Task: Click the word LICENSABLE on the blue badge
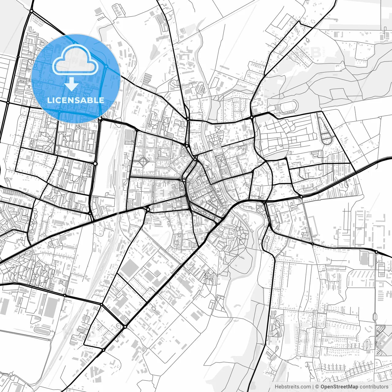pyautogui.click(x=76, y=100)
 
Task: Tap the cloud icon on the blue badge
pyautogui.click(x=75, y=60)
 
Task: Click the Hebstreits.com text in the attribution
pyautogui.click(x=292, y=387)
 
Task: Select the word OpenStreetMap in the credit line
pyautogui.click(x=339, y=387)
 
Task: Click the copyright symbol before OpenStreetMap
pyautogui.click(x=317, y=387)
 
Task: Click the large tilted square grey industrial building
pyautogui.click(x=129, y=269)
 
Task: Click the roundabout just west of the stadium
pyautogui.click(x=252, y=117)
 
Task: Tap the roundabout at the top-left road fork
pyautogui.click(x=31, y=11)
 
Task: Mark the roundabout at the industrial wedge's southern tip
pyautogui.click(x=125, y=327)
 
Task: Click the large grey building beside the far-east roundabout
pyautogui.click(x=364, y=258)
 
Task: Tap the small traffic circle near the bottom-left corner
pyautogui.click(x=11, y=374)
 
